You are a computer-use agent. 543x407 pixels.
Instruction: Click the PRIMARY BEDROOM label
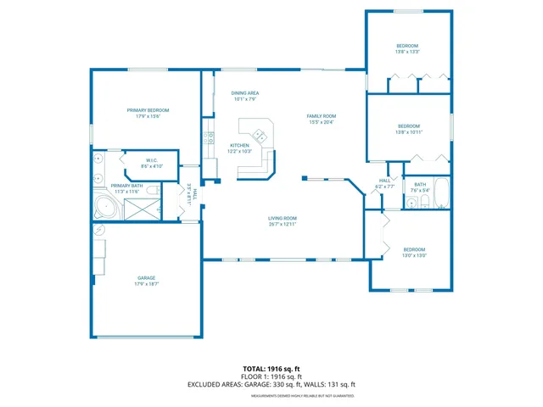[x=148, y=110]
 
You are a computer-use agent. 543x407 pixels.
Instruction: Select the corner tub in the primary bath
[x=105, y=207]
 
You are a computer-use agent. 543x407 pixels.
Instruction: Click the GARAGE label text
[x=148, y=278]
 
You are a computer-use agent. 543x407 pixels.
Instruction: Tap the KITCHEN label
[x=239, y=145]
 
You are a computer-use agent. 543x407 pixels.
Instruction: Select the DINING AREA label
[x=245, y=92]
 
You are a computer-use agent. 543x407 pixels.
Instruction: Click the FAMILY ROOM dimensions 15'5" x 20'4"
[x=322, y=122]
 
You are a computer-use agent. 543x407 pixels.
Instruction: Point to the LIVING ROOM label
[x=283, y=218]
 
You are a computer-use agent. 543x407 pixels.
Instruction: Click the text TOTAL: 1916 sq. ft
[x=271, y=370]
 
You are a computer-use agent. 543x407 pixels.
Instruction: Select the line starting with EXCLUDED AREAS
[x=271, y=385]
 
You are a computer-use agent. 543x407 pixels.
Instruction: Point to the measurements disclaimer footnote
[x=271, y=395]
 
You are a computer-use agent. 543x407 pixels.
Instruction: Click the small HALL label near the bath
[x=384, y=180]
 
